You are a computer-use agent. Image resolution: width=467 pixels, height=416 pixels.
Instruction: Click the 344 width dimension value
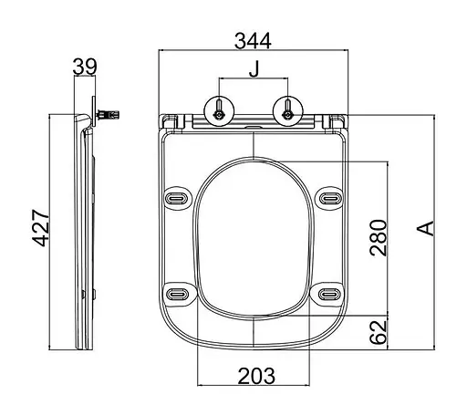point(253,41)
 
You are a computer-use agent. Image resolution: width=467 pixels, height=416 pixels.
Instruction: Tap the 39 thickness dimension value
point(85,67)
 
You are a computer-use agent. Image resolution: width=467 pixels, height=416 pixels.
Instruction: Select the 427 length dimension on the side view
point(41,228)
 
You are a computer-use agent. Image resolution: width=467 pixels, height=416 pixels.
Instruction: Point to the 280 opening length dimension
point(379,237)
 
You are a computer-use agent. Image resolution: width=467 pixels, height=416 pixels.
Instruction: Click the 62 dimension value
point(379,332)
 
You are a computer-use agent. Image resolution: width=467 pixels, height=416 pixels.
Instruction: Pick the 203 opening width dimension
point(256,376)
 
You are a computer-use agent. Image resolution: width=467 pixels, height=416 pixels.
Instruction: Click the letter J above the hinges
point(254,69)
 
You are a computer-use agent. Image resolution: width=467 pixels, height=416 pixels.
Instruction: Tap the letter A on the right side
point(426,228)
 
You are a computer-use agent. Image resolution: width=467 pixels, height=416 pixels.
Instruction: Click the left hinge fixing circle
point(219,111)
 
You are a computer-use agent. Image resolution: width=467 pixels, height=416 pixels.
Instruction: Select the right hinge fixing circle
point(287,111)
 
